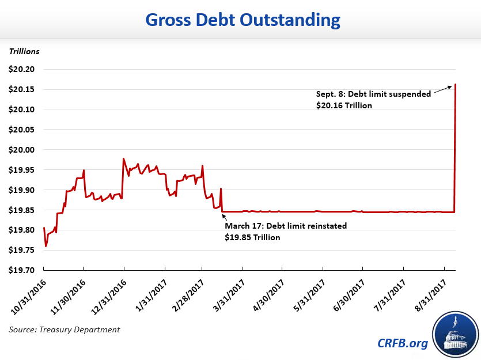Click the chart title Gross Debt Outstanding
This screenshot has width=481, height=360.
[243, 20]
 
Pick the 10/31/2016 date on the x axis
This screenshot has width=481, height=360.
[29, 294]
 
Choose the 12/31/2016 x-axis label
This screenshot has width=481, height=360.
[109, 294]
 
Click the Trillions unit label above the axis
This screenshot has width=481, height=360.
[24, 51]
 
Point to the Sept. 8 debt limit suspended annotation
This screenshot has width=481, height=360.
[373, 94]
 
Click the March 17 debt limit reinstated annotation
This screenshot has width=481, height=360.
[286, 226]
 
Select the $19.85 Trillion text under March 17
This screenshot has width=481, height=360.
[253, 237]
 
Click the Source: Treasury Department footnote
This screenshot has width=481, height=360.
[65, 329]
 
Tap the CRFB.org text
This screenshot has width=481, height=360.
[403, 344]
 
